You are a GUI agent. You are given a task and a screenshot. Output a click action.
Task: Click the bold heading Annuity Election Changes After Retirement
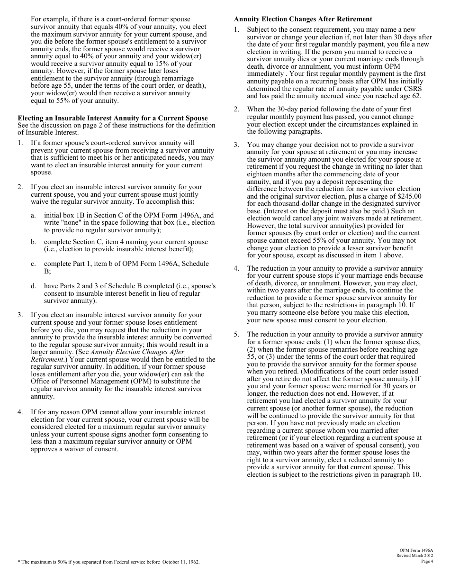pyautogui.click(x=303, y=19)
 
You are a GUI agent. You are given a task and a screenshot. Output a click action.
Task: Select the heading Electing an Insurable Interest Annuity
pyautogui.click(x=113, y=118)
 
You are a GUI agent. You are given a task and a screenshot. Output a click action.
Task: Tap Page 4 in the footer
pyautogui.click(x=426, y=561)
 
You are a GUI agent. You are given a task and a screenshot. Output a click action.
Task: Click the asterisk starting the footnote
pyautogui.click(x=19, y=562)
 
